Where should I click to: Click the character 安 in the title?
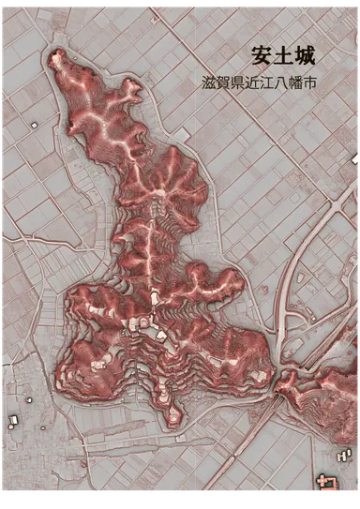tap(262, 54)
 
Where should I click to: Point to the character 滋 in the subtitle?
tap(208, 82)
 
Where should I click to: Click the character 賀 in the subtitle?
tap(224, 82)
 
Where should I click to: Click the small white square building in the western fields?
tap(34, 124)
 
